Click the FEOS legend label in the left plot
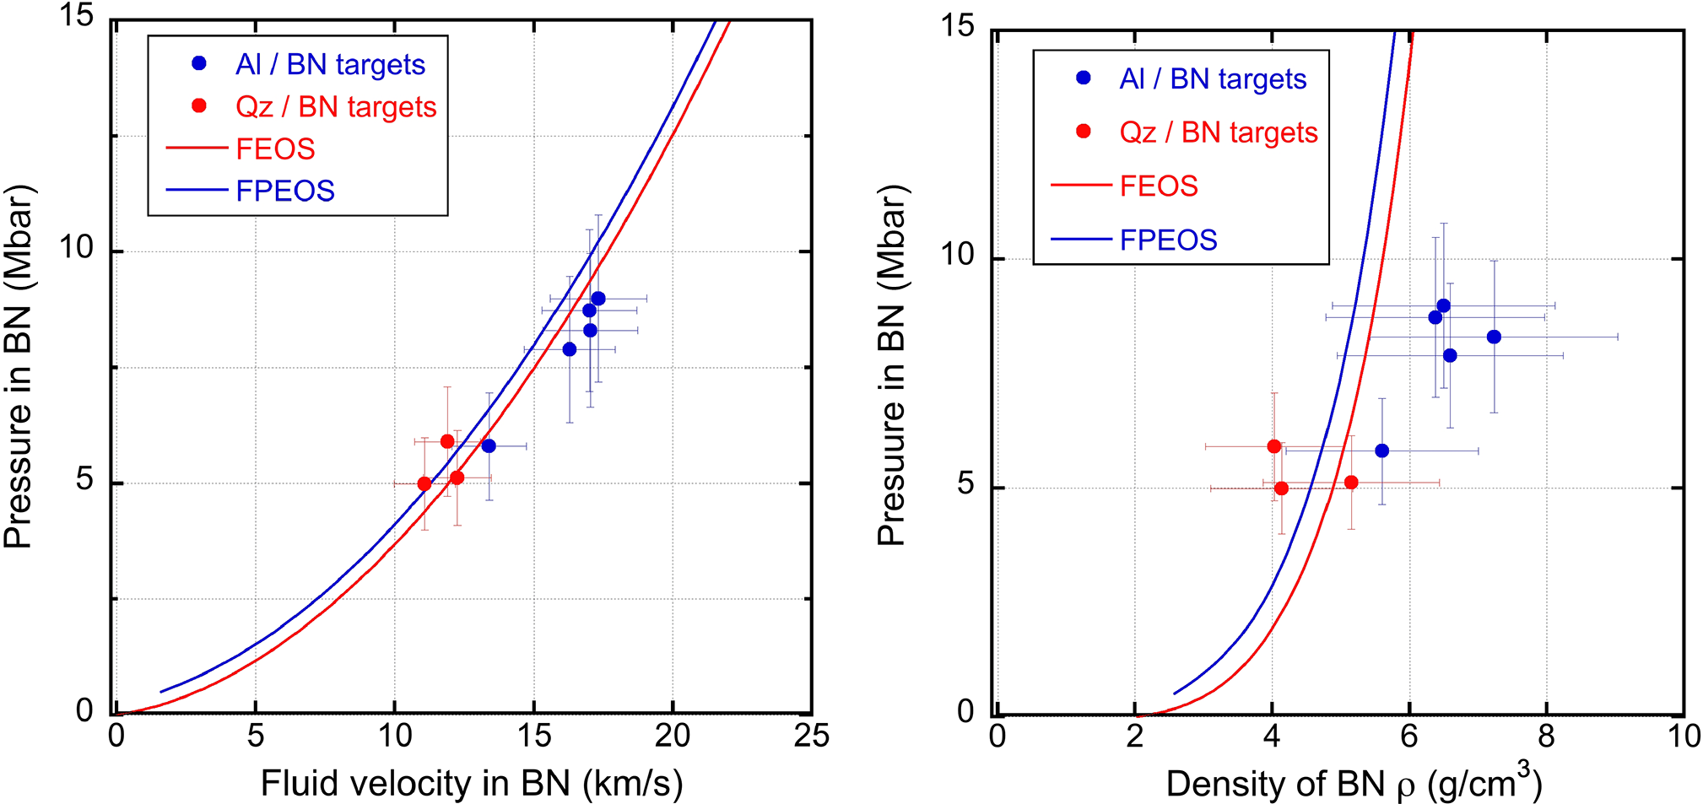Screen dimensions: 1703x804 tap(275, 149)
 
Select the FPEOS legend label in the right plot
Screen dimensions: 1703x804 tap(1168, 240)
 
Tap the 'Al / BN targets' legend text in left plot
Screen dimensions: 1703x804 tap(330, 65)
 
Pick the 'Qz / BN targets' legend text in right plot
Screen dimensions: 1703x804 tap(1219, 132)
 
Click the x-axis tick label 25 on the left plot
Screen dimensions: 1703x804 tap(811, 737)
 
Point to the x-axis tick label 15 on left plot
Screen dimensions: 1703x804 tap(533, 737)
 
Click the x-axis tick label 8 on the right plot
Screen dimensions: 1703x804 tap(1546, 737)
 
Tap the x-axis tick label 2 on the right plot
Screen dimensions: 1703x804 tap(1134, 737)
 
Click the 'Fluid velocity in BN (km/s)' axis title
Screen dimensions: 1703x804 tap(472, 784)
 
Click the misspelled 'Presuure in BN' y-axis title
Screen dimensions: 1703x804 tap(891, 365)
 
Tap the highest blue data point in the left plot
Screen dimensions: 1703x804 tap(597, 299)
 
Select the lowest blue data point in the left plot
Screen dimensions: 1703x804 tap(489, 445)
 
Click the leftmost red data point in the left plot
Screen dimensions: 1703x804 tap(424, 484)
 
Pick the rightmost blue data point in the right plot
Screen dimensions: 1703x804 tap(1494, 337)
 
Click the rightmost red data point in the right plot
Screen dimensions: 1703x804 tap(1351, 483)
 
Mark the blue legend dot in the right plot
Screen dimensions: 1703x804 tap(1084, 78)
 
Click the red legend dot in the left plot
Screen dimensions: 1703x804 tap(199, 105)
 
